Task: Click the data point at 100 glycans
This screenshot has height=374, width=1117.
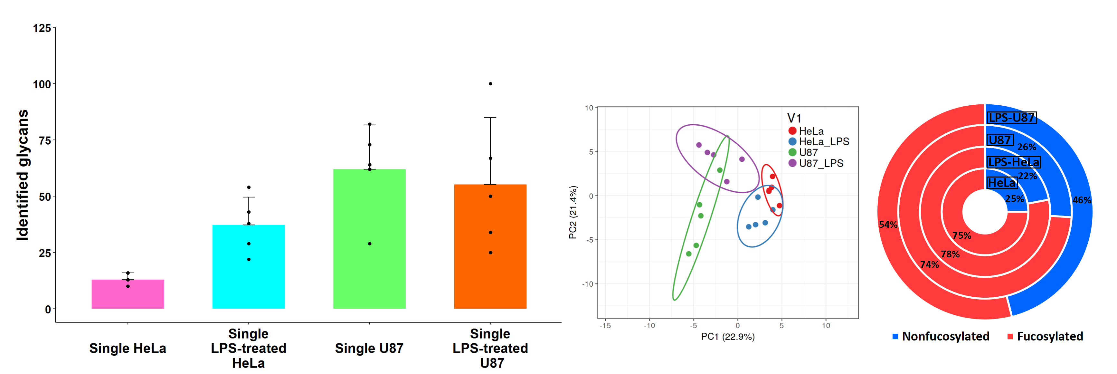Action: pos(490,84)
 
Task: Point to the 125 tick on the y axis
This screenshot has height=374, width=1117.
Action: pos(42,28)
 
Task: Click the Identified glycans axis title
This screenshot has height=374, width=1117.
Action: pos(22,175)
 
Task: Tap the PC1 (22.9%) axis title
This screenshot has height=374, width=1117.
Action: pos(728,337)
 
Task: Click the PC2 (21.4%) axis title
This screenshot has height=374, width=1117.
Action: pos(573,212)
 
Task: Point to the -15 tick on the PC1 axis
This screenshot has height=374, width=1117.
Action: pos(605,325)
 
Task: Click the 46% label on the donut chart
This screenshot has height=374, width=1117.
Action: pos(1082,200)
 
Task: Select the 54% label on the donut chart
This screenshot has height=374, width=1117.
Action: pos(888,224)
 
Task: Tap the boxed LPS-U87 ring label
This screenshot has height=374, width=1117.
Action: pos(1012,118)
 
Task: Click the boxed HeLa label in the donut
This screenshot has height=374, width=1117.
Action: pos(1002,183)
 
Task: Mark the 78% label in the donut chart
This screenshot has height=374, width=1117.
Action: pos(950,254)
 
